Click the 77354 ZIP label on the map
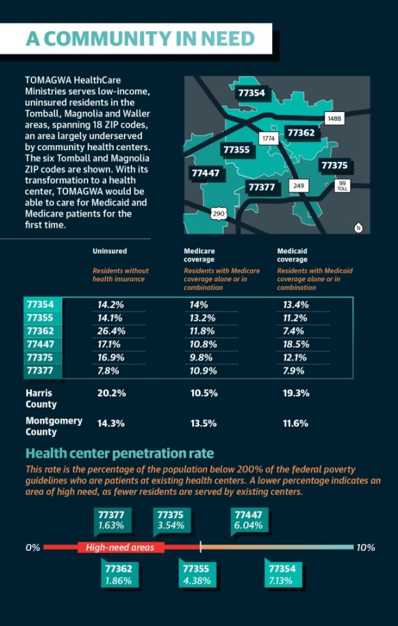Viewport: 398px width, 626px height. (251, 93)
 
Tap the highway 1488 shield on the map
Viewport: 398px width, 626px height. (334, 118)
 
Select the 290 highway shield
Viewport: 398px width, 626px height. (218, 214)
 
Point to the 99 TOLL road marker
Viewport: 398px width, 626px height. (342, 186)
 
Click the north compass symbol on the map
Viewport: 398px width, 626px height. (358, 228)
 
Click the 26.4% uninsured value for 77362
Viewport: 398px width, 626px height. (110, 331)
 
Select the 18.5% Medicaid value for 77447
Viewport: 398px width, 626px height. (296, 344)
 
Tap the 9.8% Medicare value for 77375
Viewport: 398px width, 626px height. (201, 358)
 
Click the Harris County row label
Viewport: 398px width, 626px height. (39, 399)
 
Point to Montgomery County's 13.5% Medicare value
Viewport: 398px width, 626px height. (204, 424)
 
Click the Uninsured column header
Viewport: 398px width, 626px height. (110, 251)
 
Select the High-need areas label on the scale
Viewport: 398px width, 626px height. (120, 547)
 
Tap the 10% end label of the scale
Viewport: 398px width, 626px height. (366, 547)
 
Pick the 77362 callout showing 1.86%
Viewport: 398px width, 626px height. (118, 575)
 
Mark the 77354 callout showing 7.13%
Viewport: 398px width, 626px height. (282, 575)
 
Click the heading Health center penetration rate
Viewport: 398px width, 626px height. (120, 454)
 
